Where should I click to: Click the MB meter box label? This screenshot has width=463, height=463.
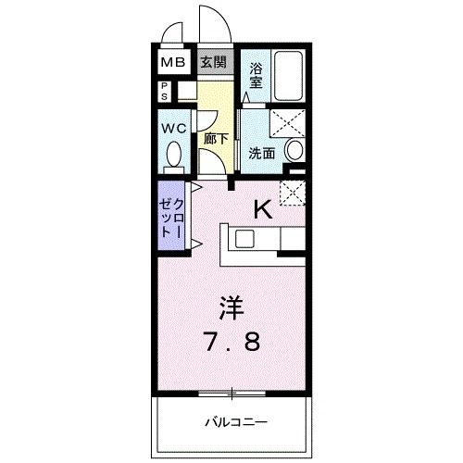[173, 63]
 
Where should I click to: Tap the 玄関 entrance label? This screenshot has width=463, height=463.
[212, 63]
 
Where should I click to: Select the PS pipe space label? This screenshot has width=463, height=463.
[163, 91]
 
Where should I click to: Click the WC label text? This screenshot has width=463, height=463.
[174, 129]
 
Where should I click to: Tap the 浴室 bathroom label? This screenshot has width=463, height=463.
[257, 73]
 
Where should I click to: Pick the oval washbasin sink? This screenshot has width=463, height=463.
[295, 151]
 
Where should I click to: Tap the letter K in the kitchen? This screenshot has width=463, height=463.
[263, 209]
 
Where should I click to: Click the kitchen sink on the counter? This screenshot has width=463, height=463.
[244, 238]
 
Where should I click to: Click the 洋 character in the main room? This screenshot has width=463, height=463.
[231, 307]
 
